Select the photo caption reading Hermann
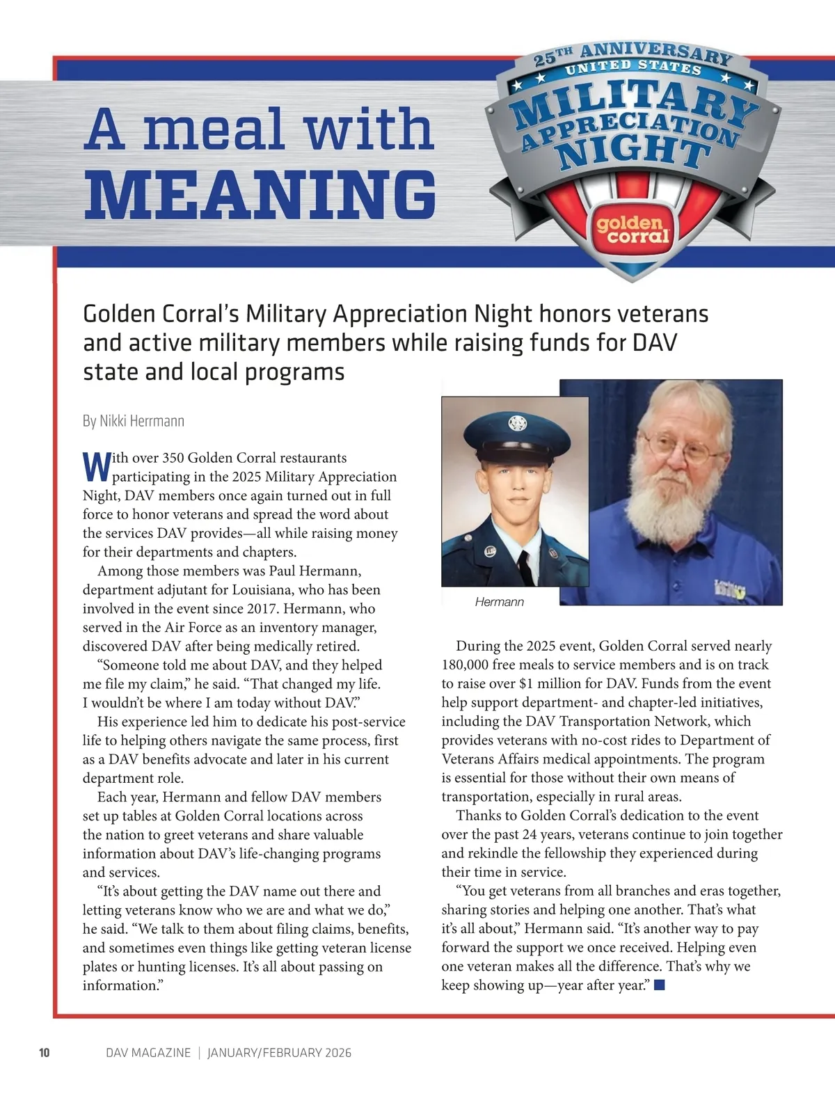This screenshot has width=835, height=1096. [499, 602]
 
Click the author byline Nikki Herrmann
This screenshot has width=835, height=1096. [134, 421]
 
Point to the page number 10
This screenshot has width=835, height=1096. [44, 1053]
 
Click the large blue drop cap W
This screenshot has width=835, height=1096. [96, 467]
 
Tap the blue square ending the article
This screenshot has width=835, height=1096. [660, 985]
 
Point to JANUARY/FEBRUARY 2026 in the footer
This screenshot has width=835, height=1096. [279, 1053]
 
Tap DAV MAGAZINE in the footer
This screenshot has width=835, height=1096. [148, 1053]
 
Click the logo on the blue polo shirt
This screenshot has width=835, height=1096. [731, 588]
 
